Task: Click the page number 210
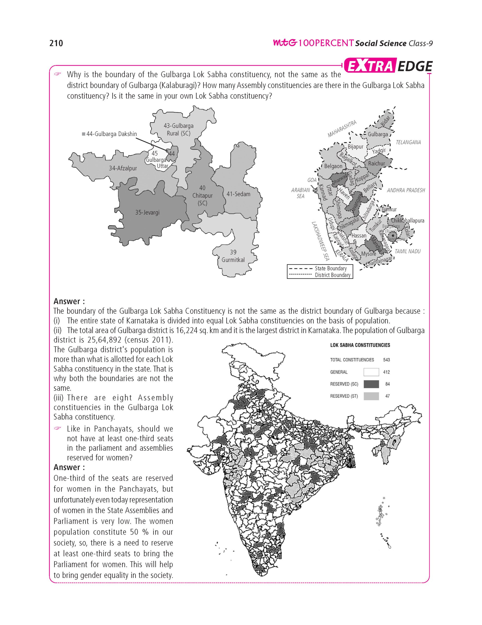coord(56,43)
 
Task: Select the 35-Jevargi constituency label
coord(147,212)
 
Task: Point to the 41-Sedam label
coord(238,194)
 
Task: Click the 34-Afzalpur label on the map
coord(123,168)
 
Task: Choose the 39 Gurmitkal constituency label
coord(233,256)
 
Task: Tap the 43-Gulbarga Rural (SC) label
coord(178,129)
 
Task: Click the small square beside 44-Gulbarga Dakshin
coord(83,134)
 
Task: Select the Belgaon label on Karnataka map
coord(333,166)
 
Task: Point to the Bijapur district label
coord(355,146)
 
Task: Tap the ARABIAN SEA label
coord(300,193)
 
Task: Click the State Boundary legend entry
coord(331,268)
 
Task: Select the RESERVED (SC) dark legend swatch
coord(371,384)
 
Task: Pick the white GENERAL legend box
coord(371,372)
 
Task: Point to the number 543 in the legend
coord(386,360)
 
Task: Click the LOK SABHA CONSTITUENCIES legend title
coord(360,345)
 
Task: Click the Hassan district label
coord(359,236)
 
